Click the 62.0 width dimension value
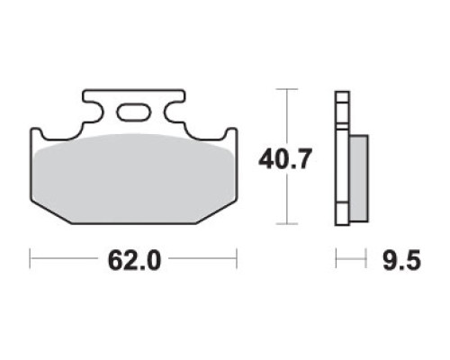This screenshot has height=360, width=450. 134,260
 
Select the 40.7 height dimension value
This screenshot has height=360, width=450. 283,159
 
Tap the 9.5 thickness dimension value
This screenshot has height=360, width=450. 402,260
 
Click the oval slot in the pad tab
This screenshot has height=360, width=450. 133,112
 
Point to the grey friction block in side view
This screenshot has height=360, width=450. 359,178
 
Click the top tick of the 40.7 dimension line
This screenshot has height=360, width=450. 287,89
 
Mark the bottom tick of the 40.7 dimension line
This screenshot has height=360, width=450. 287,224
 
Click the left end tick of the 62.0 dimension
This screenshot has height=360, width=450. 30,258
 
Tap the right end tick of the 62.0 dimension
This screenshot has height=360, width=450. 237,258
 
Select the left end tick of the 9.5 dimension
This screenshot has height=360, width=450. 337,258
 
